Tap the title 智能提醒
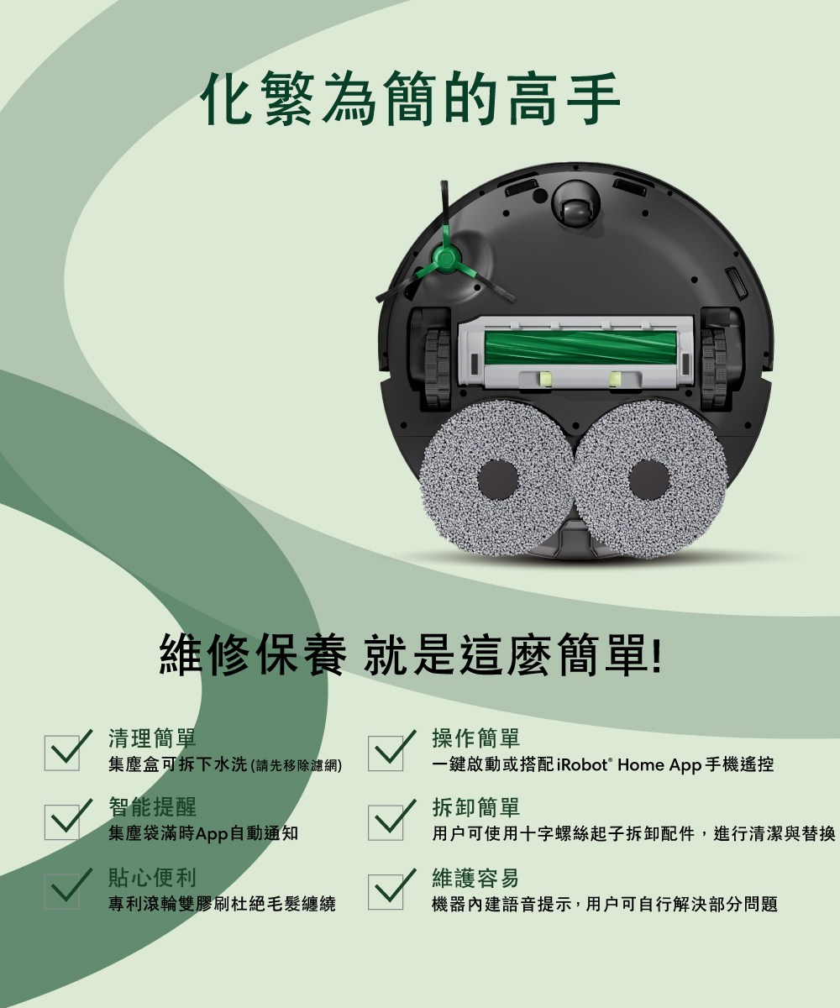(152, 807)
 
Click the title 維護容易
(475, 879)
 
